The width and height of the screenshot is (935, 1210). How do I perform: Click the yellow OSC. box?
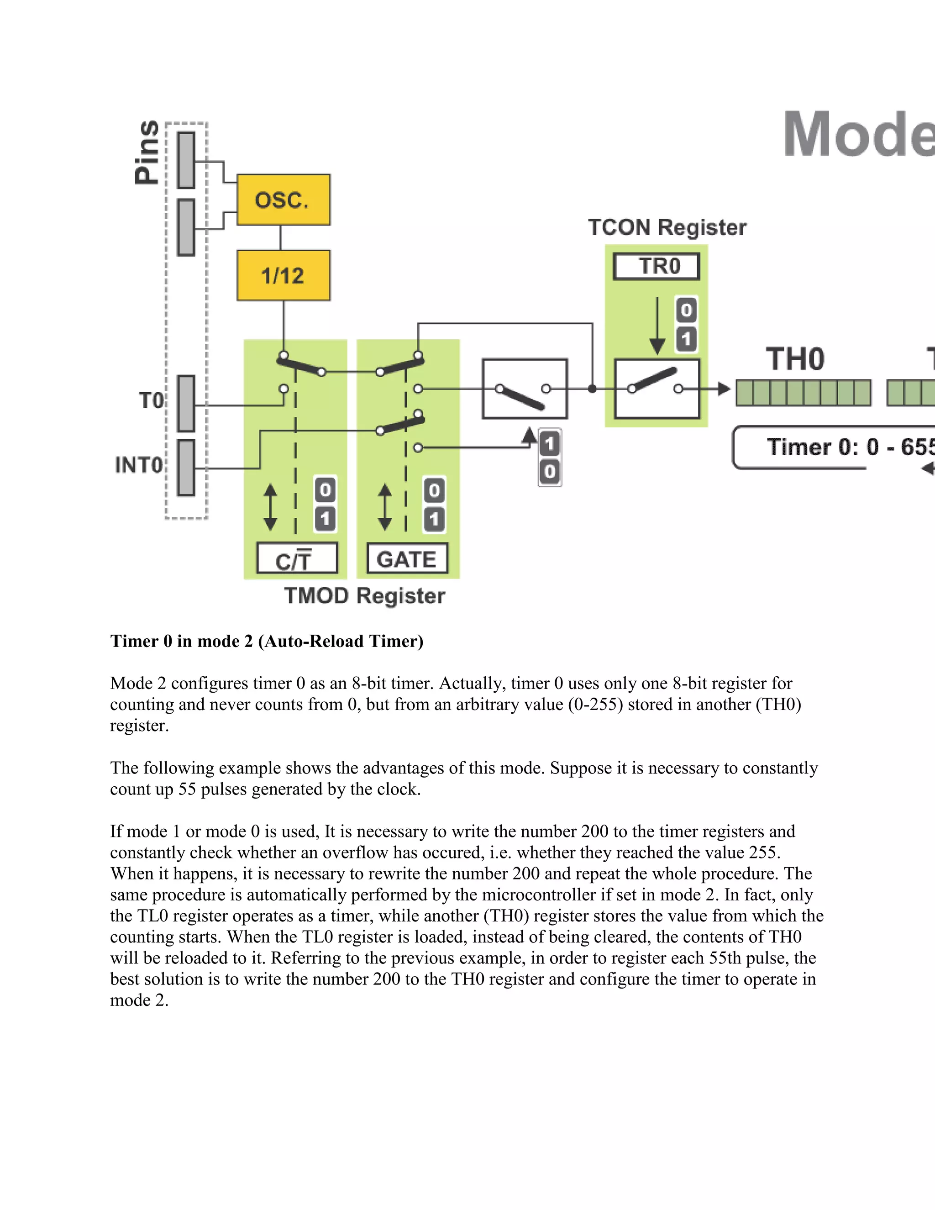(283, 200)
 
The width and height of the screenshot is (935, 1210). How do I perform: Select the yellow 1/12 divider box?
(283, 275)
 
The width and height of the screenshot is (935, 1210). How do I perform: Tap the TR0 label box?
(657, 267)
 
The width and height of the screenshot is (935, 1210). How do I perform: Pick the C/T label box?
(297, 559)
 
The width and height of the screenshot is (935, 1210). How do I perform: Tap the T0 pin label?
(151, 400)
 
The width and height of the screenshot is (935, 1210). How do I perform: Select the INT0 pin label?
(138, 465)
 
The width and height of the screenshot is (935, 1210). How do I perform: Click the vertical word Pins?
(147, 153)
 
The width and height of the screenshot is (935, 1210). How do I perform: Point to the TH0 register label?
(795, 359)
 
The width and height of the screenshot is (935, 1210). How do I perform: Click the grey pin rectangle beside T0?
(186, 403)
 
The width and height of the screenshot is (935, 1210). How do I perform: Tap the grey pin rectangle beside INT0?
(186, 468)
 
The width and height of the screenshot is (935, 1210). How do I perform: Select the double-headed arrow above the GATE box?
(385, 507)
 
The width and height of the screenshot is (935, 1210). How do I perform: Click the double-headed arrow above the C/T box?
(270, 507)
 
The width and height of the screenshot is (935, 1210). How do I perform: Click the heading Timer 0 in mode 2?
(267, 641)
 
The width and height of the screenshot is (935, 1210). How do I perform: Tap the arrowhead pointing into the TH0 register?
(724, 389)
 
